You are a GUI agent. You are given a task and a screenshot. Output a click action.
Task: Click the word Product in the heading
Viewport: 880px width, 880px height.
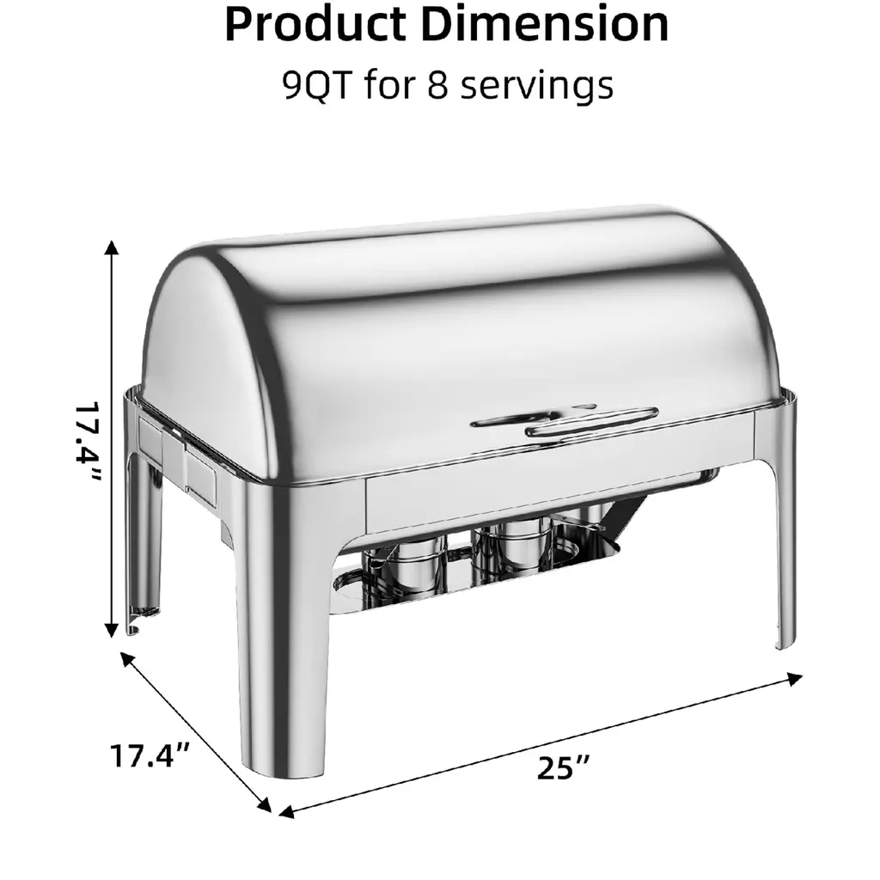(x=315, y=25)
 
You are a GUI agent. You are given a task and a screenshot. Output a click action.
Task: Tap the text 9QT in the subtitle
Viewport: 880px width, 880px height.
(x=316, y=85)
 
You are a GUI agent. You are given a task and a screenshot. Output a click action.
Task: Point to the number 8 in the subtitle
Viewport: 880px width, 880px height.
(x=437, y=85)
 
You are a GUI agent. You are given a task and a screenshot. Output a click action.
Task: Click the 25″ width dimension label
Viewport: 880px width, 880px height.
(x=563, y=767)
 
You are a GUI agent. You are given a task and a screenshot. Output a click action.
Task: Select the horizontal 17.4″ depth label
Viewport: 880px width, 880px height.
(x=150, y=755)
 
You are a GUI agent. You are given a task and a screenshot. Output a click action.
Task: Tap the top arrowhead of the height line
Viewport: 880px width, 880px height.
(x=112, y=247)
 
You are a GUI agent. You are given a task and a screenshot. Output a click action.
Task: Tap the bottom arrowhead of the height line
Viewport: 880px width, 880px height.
(x=112, y=630)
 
